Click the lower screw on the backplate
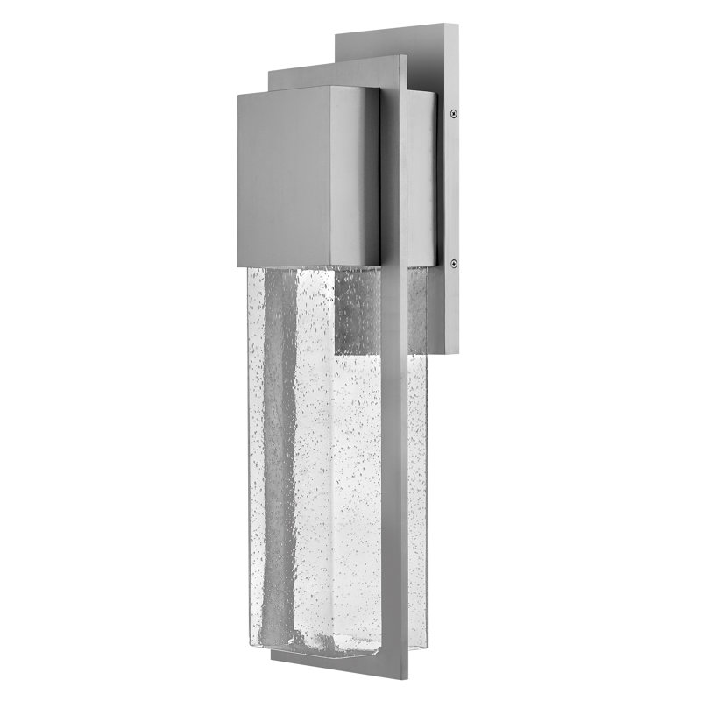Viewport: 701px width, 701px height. (x=452, y=259)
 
